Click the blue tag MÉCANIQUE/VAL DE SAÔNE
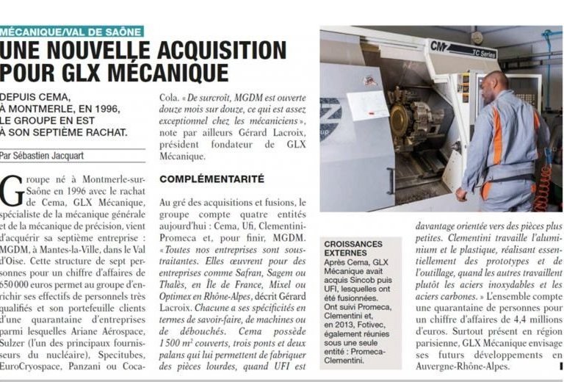72,32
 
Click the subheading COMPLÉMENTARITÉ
202,179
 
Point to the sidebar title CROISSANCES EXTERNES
352,250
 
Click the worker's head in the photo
497,83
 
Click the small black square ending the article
560,365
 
